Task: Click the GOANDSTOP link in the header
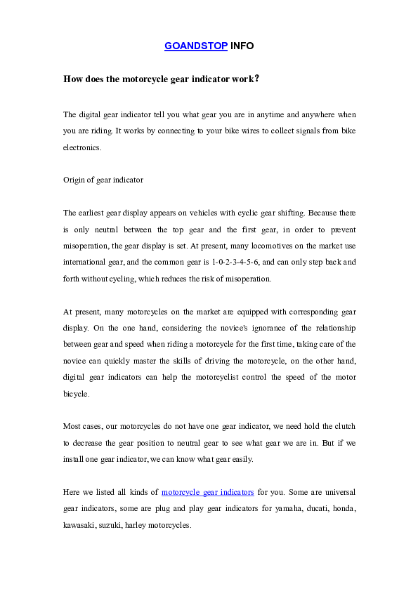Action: coord(196,46)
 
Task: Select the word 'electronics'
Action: coord(82,148)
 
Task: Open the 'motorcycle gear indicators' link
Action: coord(208,492)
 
